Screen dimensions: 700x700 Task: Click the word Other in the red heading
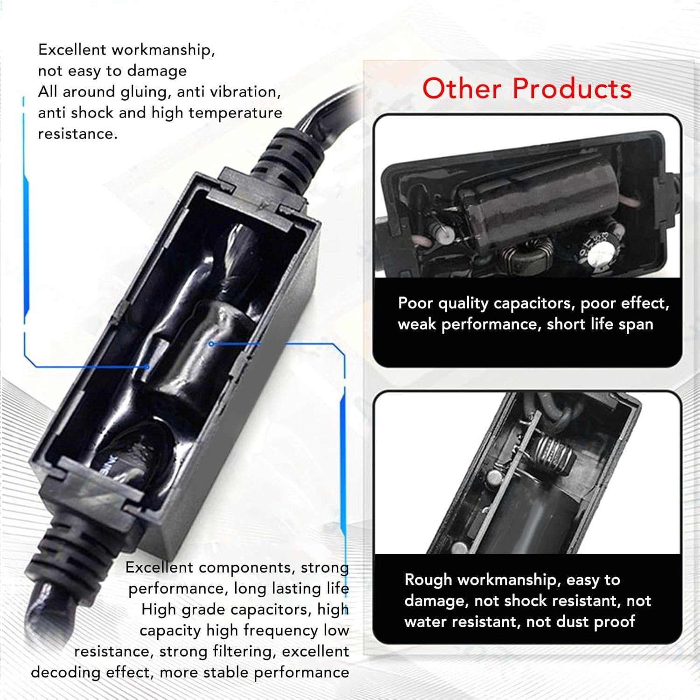[462, 88]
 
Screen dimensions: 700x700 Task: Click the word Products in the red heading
[572, 88]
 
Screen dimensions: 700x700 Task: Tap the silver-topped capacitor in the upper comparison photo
[593, 250]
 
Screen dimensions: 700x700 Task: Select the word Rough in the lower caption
[428, 580]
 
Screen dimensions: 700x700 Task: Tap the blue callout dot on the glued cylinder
[211, 344]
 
